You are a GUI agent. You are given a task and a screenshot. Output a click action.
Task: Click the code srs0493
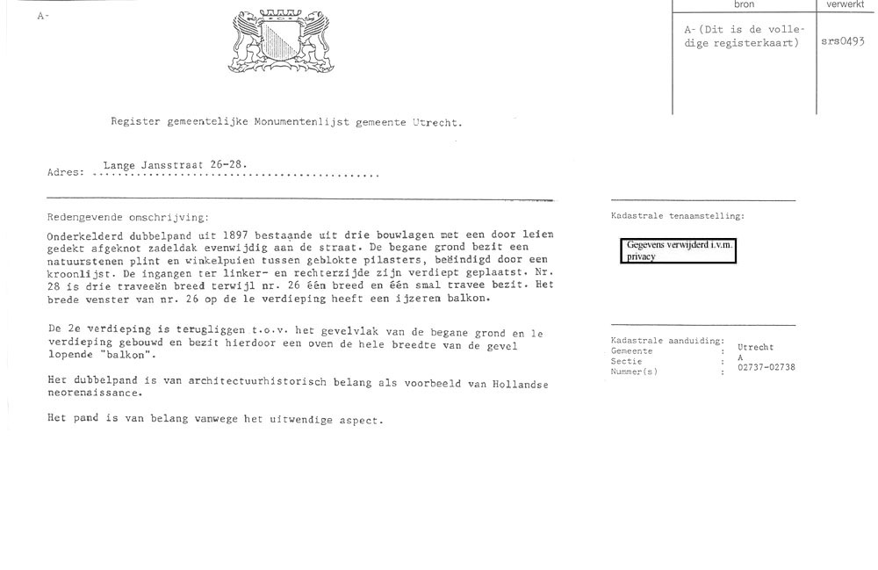click(842, 41)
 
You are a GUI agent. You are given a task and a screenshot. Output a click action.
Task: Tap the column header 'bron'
click(744, 4)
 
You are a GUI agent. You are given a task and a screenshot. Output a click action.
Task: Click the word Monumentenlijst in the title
click(303, 123)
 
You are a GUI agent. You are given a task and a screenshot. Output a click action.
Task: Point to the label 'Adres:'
click(65, 172)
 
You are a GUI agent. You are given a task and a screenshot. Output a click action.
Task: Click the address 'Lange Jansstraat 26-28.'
click(175, 164)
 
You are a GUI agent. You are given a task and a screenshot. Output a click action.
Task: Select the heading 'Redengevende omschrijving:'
click(128, 216)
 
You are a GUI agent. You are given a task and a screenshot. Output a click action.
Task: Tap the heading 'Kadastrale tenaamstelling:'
click(678, 215)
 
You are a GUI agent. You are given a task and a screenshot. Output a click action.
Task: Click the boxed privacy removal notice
click(680, 251)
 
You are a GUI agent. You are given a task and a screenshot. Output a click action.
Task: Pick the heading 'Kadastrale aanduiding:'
click(667, 340)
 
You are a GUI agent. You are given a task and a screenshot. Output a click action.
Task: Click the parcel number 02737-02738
click(766, 367)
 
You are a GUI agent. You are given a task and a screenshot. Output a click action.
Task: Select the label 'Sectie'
click(626, 361)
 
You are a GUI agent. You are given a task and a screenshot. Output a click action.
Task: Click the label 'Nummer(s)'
click(634, 372)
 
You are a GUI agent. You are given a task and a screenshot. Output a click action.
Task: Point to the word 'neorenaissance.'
click(94, 393)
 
